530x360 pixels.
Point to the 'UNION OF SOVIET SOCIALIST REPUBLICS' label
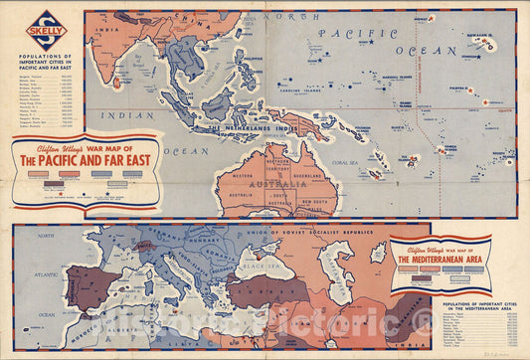pyautogui.click(x=315, y=231)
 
